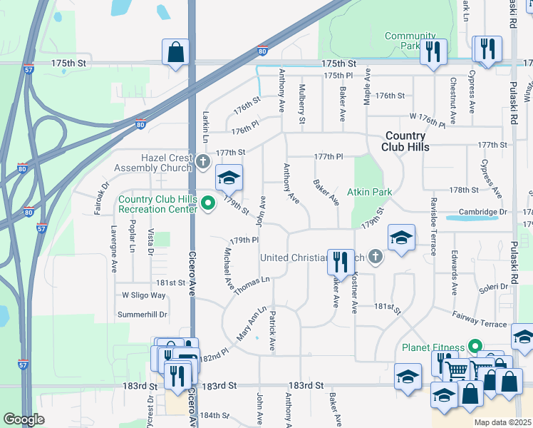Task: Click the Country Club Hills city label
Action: click(405, 141)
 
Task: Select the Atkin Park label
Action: click(370, 192)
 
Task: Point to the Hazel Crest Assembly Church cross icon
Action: click(202, 161)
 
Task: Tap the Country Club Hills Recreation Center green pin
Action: click(208, 204)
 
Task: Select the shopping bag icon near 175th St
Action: click(175, 52)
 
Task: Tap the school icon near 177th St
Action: click(229, 177)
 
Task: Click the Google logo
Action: click(24, 419)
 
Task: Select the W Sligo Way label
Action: click(144, 295)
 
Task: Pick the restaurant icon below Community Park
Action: click(433, 52)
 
